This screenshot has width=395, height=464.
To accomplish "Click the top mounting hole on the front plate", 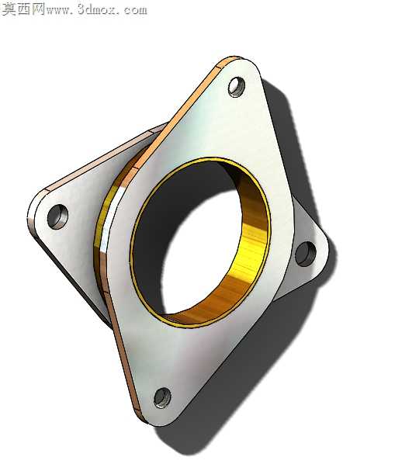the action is [237, 87].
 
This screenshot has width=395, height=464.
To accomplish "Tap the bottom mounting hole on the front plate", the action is [162, 397].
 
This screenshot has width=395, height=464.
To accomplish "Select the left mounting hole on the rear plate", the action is [57, 216].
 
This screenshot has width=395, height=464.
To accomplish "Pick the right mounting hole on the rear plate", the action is [306, 253].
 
